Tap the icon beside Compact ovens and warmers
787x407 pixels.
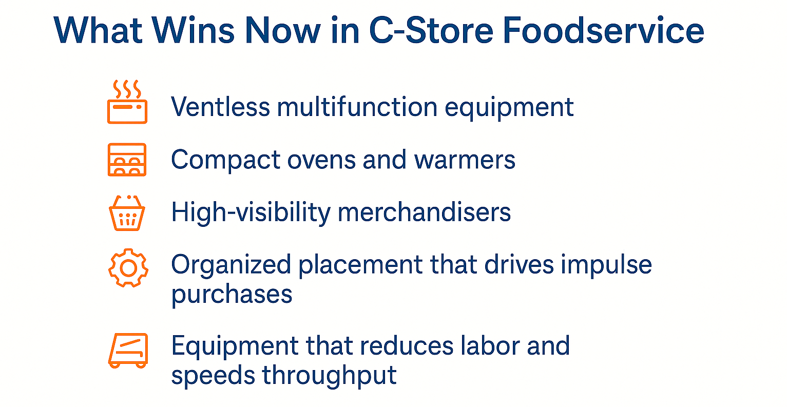pyautogui.click(x=127, y=160)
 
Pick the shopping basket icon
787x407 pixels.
pyautogui.click(x=127, y=212)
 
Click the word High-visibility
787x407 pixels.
pyautogui.click(x=251, y=212)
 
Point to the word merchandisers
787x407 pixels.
pyautogui.click(x=424, y=212)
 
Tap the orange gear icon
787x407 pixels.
pyautogui.click(x=128, y=267)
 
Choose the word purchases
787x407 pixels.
pyautogui.click(x=232, y=295)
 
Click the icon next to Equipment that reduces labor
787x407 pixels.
pyautogui.click(x=128, y=350)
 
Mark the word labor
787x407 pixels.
pyautogui.click(x=493, y=346)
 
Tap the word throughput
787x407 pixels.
pyautogui.click(x=329, y=376)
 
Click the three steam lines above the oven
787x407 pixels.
pyautogui.click(x=127, y=89)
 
